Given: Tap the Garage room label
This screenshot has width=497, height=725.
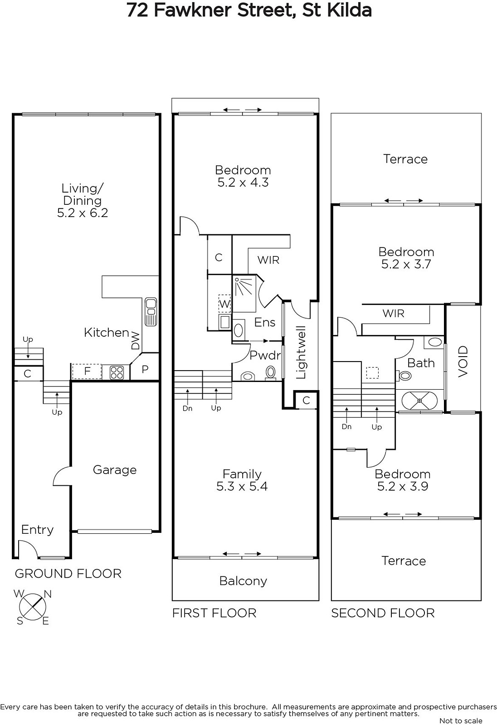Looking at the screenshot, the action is point(115,470).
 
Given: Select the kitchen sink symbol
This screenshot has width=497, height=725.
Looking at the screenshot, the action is point(151,312).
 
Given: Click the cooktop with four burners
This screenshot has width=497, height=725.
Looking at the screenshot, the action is point(117,372).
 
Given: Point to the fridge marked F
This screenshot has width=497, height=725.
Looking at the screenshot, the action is point(87,371).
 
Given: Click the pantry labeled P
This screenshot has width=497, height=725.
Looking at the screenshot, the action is point(145,369).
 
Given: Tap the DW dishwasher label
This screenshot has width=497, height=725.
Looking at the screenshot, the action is point(136,341).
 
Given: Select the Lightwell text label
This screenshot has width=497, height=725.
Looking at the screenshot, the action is point(301,353).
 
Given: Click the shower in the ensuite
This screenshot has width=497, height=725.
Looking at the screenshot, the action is point(244,294).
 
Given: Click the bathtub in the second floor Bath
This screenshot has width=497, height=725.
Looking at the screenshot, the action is point(419,401).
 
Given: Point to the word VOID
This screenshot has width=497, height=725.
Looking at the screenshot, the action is point(463,361).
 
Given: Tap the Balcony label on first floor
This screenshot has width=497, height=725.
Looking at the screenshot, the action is point(243,581).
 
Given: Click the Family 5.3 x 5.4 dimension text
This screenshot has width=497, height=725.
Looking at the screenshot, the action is point(242,487).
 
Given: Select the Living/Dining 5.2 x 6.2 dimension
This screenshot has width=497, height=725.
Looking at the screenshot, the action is point(83,213).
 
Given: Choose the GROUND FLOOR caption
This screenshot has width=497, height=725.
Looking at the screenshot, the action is point(68,574).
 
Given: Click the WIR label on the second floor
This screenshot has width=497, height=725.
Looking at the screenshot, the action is point(393,313).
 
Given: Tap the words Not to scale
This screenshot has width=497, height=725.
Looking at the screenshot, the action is point(461,720).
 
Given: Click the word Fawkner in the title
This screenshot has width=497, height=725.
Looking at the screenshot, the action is point(192,10).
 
